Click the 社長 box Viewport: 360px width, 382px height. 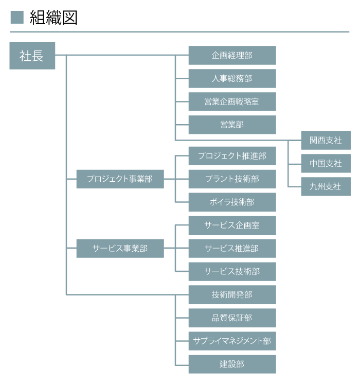pyautogui.click(x=32, y=56)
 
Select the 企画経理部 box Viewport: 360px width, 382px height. pyautogui.click(x=232, y=55)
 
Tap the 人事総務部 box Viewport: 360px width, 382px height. pyautogui.click(x=232, y=78)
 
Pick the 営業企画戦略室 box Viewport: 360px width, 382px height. pyautogui.click(x=232, y=101)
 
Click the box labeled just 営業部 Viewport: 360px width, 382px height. pyautogui.click(x=232, y=125)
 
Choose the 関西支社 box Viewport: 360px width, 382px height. pyautogui.click(x=326, y=140)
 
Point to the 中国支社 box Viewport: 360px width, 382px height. pyautogui.click(x=326, y=163)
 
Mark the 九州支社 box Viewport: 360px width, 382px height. pyautogui.click(x=326, y=186)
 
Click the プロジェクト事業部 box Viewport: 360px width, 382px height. pyautogui.click(x=120, y=179)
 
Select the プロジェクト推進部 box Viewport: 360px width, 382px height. pyautogui.click(x=232, y=155)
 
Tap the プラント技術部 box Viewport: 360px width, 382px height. pyautogui.click(x=232, y=179)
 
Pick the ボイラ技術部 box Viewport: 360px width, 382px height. pyautogui.click(x=232, y=202)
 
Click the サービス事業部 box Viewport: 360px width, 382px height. pyautogui.click(x=120, y=248)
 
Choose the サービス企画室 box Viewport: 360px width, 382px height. pyautogui.click(x=232, y=225)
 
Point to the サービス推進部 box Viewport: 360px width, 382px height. pyautogui.click(x=232, y=248)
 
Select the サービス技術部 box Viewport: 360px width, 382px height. pyautogui.click(x=232, y=271)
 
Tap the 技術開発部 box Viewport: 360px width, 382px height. pyautogui.click(x=232, y=294)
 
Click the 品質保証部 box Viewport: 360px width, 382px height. pyautogui.click(x=232, y=318)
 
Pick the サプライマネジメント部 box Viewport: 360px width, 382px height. pyautogui.click(x=232, y=341)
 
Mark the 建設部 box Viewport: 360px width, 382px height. pyautogui.click(x=232, y=364)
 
